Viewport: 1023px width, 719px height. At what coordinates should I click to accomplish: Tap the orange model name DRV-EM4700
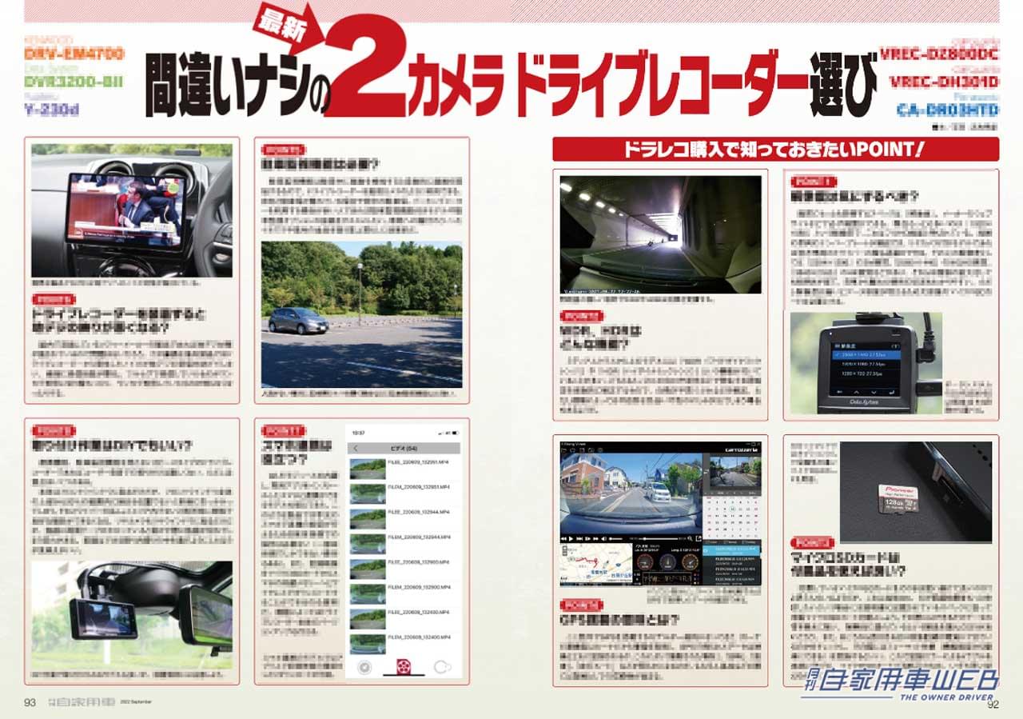click(74, 54)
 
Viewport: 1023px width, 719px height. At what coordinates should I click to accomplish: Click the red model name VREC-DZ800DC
click(939, 54)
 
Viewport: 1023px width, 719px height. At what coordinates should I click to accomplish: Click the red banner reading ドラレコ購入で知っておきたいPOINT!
click(775, 150)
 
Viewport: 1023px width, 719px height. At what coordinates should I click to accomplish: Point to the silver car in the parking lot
click(297, 321)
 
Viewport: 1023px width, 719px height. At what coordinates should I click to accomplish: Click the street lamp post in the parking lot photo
click(360, 292)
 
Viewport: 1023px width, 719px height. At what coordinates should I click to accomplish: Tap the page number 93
click(30, 703)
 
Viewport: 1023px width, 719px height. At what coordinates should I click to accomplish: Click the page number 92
click(993, 705)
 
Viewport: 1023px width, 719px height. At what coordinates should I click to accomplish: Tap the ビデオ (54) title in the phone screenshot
click(404, 448)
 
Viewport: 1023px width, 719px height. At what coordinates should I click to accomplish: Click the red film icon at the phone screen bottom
click(404, 668)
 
